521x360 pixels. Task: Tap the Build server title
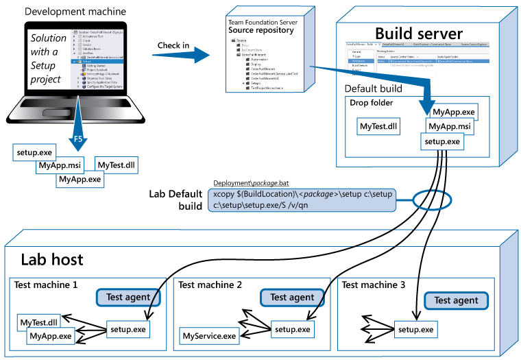(419, 33)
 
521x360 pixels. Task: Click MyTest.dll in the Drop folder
(379, 126)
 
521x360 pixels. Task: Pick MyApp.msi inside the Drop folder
(448, 126)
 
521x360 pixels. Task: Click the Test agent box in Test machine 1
(128, 296)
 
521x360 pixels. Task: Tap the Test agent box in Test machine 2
(292, 297)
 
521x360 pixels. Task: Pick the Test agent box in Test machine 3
(456, 300)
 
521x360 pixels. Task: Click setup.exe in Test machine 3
(415, 330)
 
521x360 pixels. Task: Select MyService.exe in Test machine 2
(209, 336)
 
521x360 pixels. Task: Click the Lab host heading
(52, 259)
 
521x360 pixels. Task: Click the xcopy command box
(302, 200)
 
